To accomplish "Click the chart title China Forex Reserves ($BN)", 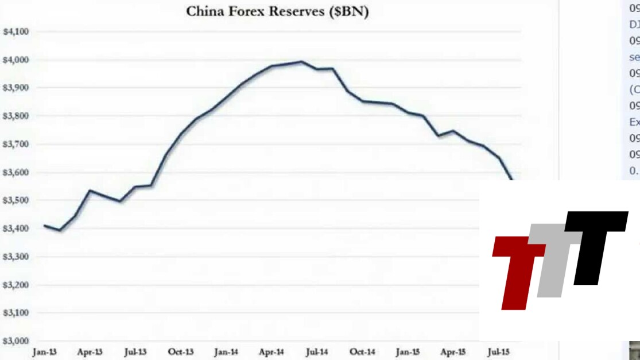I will click(277, 12).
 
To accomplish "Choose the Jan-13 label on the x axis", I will click(45, 351).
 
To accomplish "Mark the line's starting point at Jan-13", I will click(44, 226).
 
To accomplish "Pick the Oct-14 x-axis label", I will click(363, 351).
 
